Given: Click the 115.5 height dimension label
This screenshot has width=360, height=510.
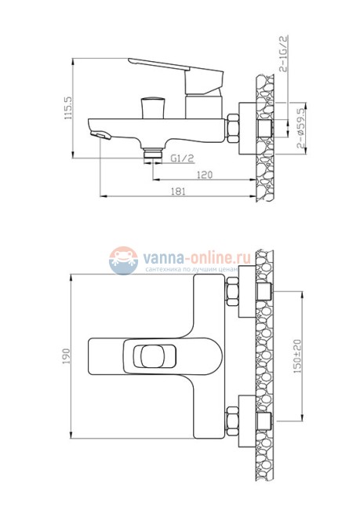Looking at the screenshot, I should (x=67, y=107).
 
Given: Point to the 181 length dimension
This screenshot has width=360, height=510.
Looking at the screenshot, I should (x=180, y=191).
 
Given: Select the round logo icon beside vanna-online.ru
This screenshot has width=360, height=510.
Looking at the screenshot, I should (x=123, y=260).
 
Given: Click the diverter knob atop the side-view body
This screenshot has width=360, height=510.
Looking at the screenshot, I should (x=151, y=106).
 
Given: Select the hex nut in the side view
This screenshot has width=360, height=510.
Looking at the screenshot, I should (x=235, y=127).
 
